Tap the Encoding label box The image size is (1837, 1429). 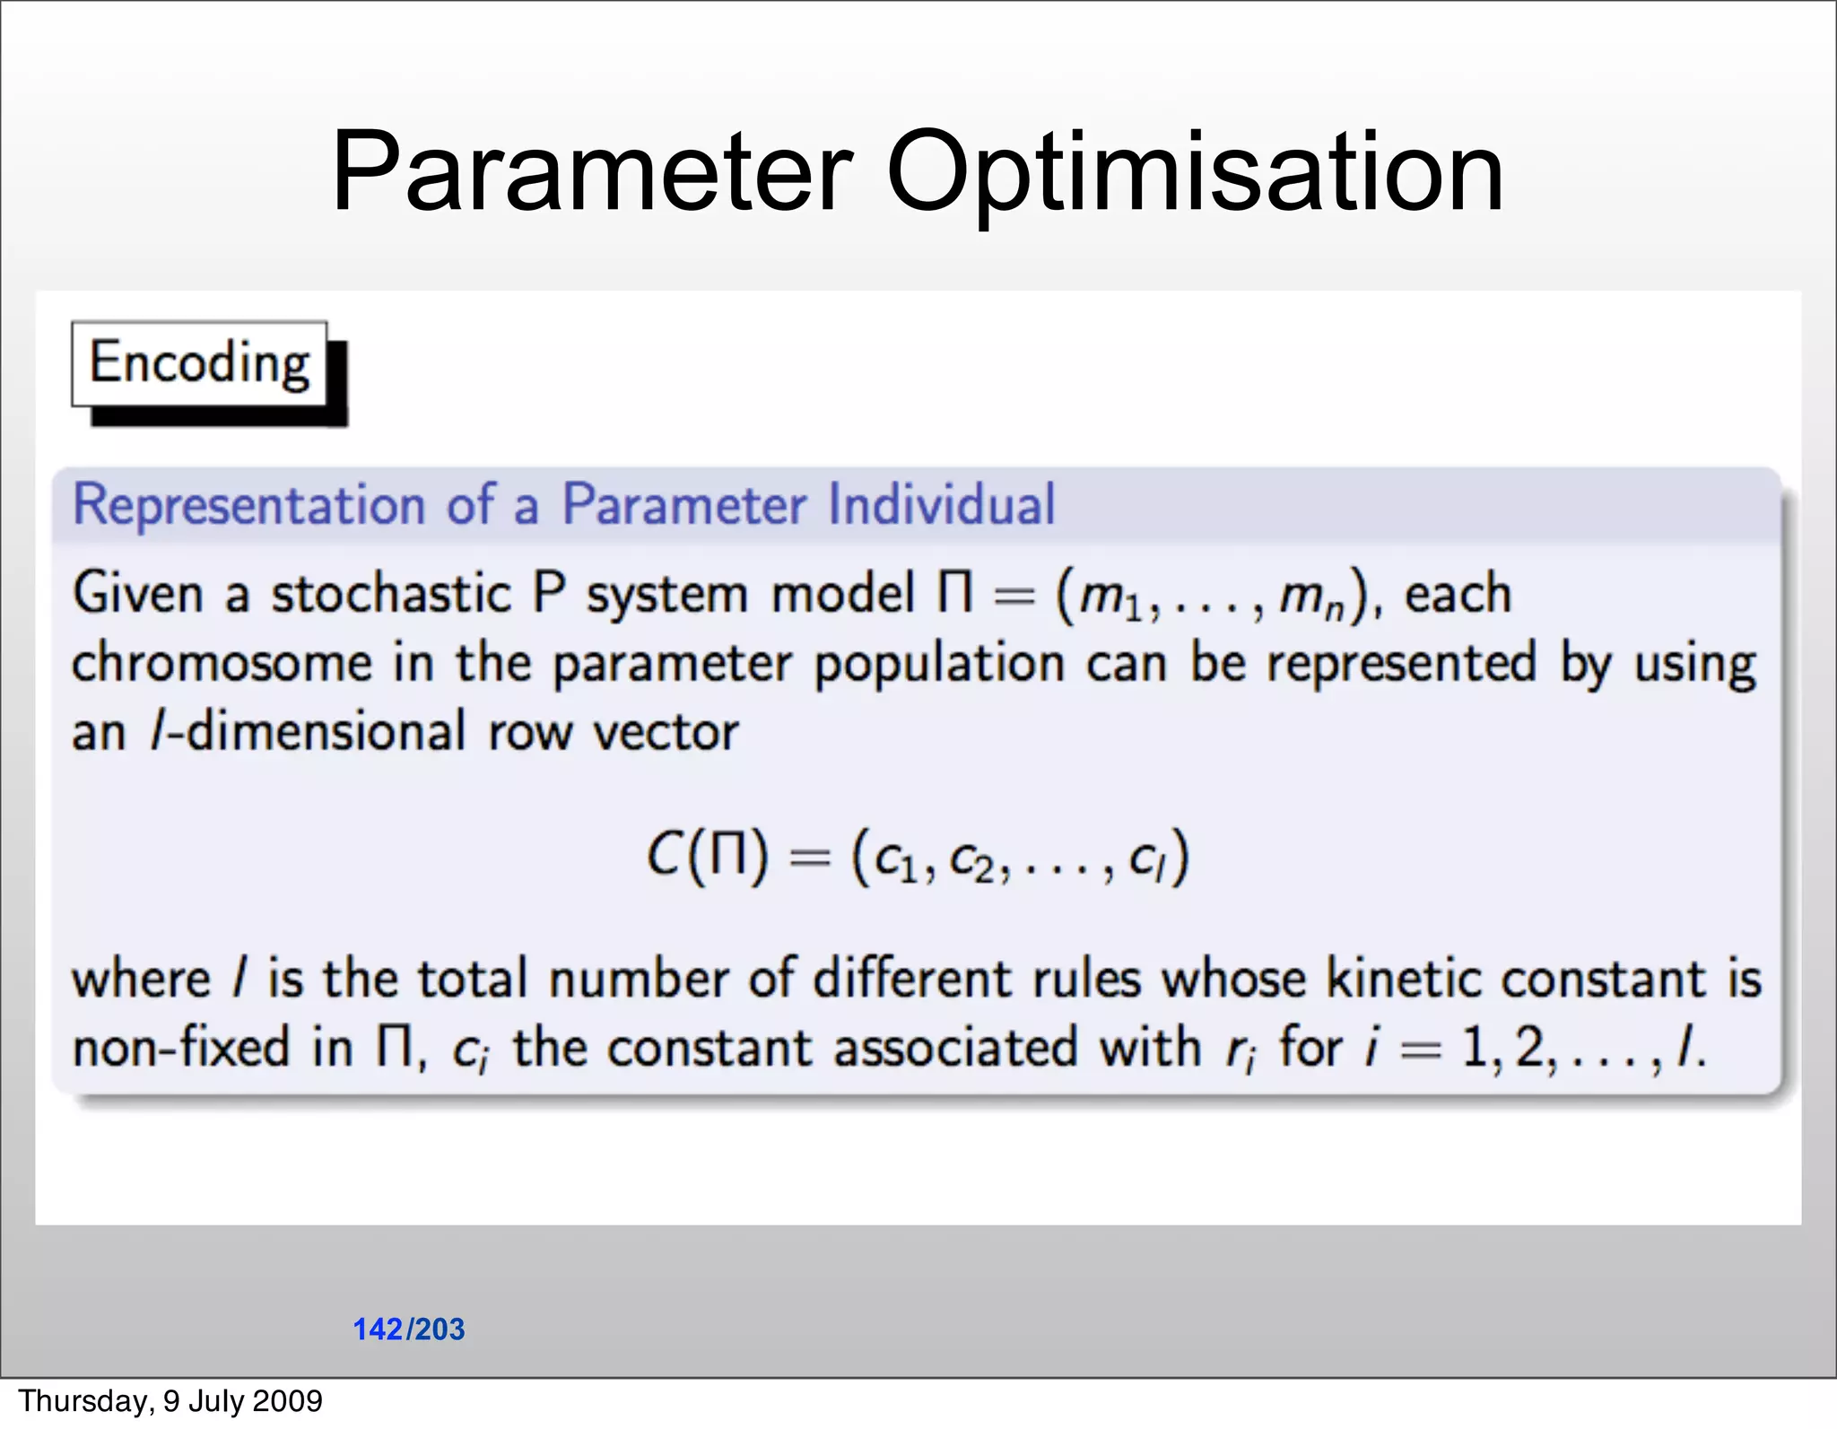pos(199,364)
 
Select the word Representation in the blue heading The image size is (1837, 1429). pos(248,504)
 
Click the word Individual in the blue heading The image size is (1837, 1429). pos(941,504)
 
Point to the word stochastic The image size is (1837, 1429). pos(391,594)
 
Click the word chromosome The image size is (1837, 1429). pos(222,664)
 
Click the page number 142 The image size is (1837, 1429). pos(378,1329)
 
